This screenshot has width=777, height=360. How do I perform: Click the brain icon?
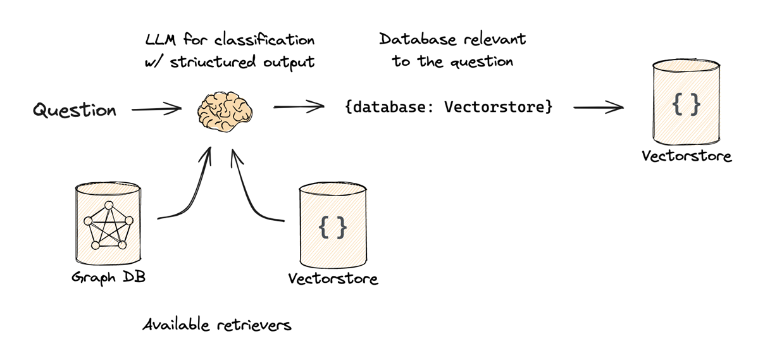225,112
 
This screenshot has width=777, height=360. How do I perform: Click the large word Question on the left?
75,111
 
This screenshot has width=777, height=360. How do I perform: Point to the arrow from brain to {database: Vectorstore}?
298,108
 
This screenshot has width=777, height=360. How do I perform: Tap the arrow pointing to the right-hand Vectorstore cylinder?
598,108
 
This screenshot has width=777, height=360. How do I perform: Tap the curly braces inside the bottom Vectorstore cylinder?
332,227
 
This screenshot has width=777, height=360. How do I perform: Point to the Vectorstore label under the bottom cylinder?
333,278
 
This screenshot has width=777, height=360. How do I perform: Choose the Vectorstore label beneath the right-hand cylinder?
687,156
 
